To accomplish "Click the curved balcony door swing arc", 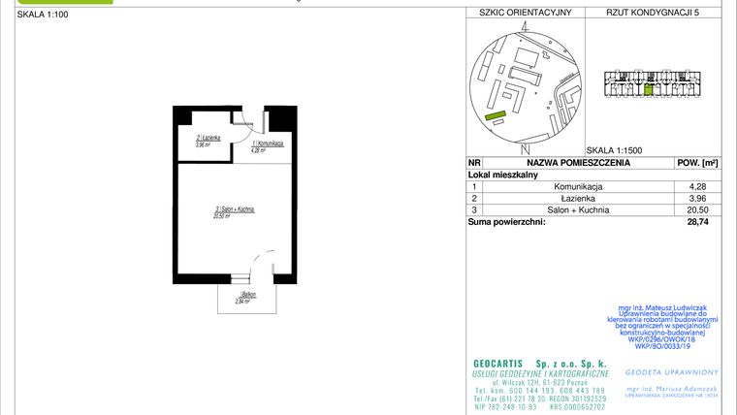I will coord(256,261).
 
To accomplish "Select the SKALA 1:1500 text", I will coord(615,150).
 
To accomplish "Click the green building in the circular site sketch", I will coord(496,115).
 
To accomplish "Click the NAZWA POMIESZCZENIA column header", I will coord(579,163).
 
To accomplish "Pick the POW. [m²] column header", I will coord(696,163).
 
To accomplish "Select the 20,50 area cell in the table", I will coord(697,209).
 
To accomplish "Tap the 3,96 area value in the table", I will coord(697,198).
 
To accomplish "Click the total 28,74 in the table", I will coord(697,222).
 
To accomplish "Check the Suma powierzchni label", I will coord(506,222).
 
